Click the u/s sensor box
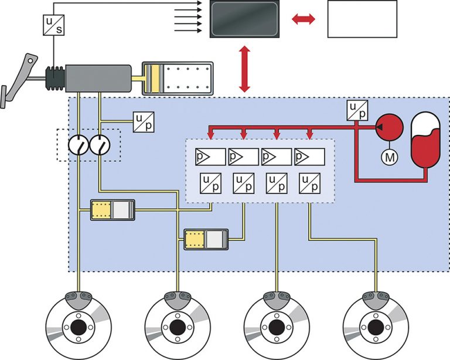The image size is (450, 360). pos(54,25)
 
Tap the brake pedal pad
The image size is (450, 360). pos(3,97)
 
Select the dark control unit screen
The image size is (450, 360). pos(244,19)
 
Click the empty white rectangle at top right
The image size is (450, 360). pos(362,19)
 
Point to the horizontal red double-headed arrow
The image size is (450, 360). pos(304,19)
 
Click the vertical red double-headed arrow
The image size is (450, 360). pos(244,69)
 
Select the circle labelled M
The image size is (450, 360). pos(390,157)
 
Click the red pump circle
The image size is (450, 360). pos(390,127)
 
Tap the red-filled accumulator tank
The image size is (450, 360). pos(425,140)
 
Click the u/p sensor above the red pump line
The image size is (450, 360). pos(357,110)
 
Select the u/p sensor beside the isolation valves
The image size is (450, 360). pos(144,122)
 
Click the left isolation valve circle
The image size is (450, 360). pos(79,145)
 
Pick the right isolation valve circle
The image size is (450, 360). pos(100,145)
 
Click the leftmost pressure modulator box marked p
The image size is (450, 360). pos(210,157)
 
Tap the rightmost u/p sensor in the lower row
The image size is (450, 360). pos(309,183)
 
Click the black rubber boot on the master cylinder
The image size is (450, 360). pos(55,78)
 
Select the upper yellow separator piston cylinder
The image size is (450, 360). pos(112,210)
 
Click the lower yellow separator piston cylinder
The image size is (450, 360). pos(206,239)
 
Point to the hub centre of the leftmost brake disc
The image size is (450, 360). pos(79,327)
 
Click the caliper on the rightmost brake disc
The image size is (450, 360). pos(375,300)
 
